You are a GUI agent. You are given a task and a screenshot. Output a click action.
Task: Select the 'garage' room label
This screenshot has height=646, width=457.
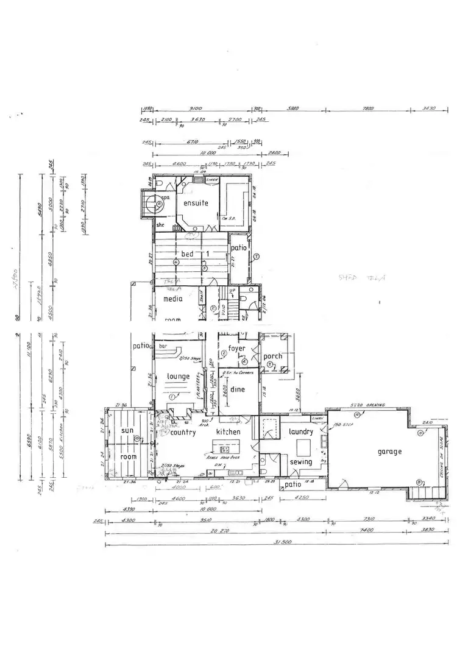[389, 452]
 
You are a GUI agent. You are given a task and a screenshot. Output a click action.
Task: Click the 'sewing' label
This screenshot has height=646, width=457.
[301, 461]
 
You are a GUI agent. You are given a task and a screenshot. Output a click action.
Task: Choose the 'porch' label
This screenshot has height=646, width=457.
[272, 357]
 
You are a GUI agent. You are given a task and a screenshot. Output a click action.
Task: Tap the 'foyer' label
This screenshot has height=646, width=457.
[236, 349]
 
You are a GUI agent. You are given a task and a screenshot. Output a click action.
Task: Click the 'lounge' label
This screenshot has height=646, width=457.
[179, 377]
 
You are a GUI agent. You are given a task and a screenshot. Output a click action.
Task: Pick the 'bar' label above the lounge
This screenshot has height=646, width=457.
[163, 346]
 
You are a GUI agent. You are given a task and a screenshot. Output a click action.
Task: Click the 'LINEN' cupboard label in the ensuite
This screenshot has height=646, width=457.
[212, 180]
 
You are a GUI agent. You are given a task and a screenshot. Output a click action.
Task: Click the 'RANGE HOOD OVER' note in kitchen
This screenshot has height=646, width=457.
[224, 456]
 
